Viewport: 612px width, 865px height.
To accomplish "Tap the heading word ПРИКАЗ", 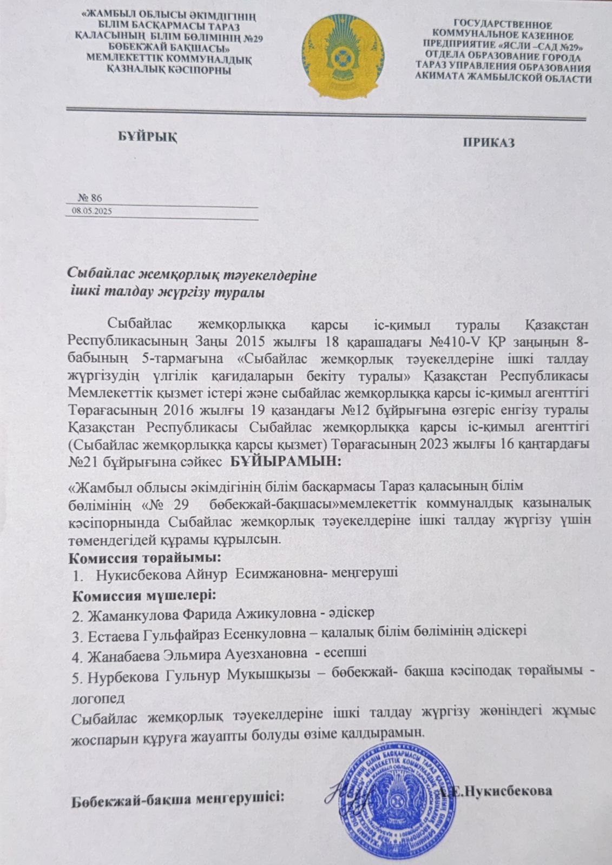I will coord(488,143).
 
